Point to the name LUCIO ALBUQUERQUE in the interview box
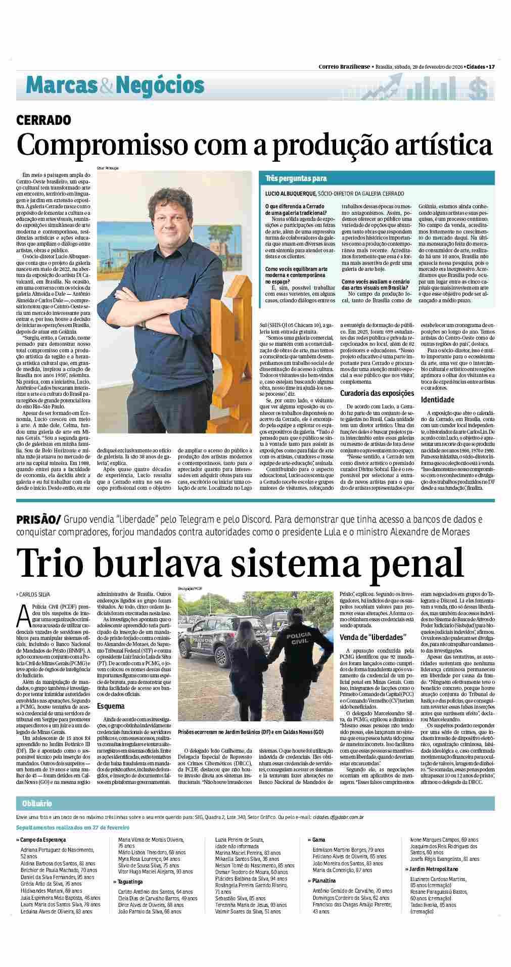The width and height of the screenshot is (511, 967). click(291, 193)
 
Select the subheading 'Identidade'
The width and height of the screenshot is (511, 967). click(437, 400)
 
